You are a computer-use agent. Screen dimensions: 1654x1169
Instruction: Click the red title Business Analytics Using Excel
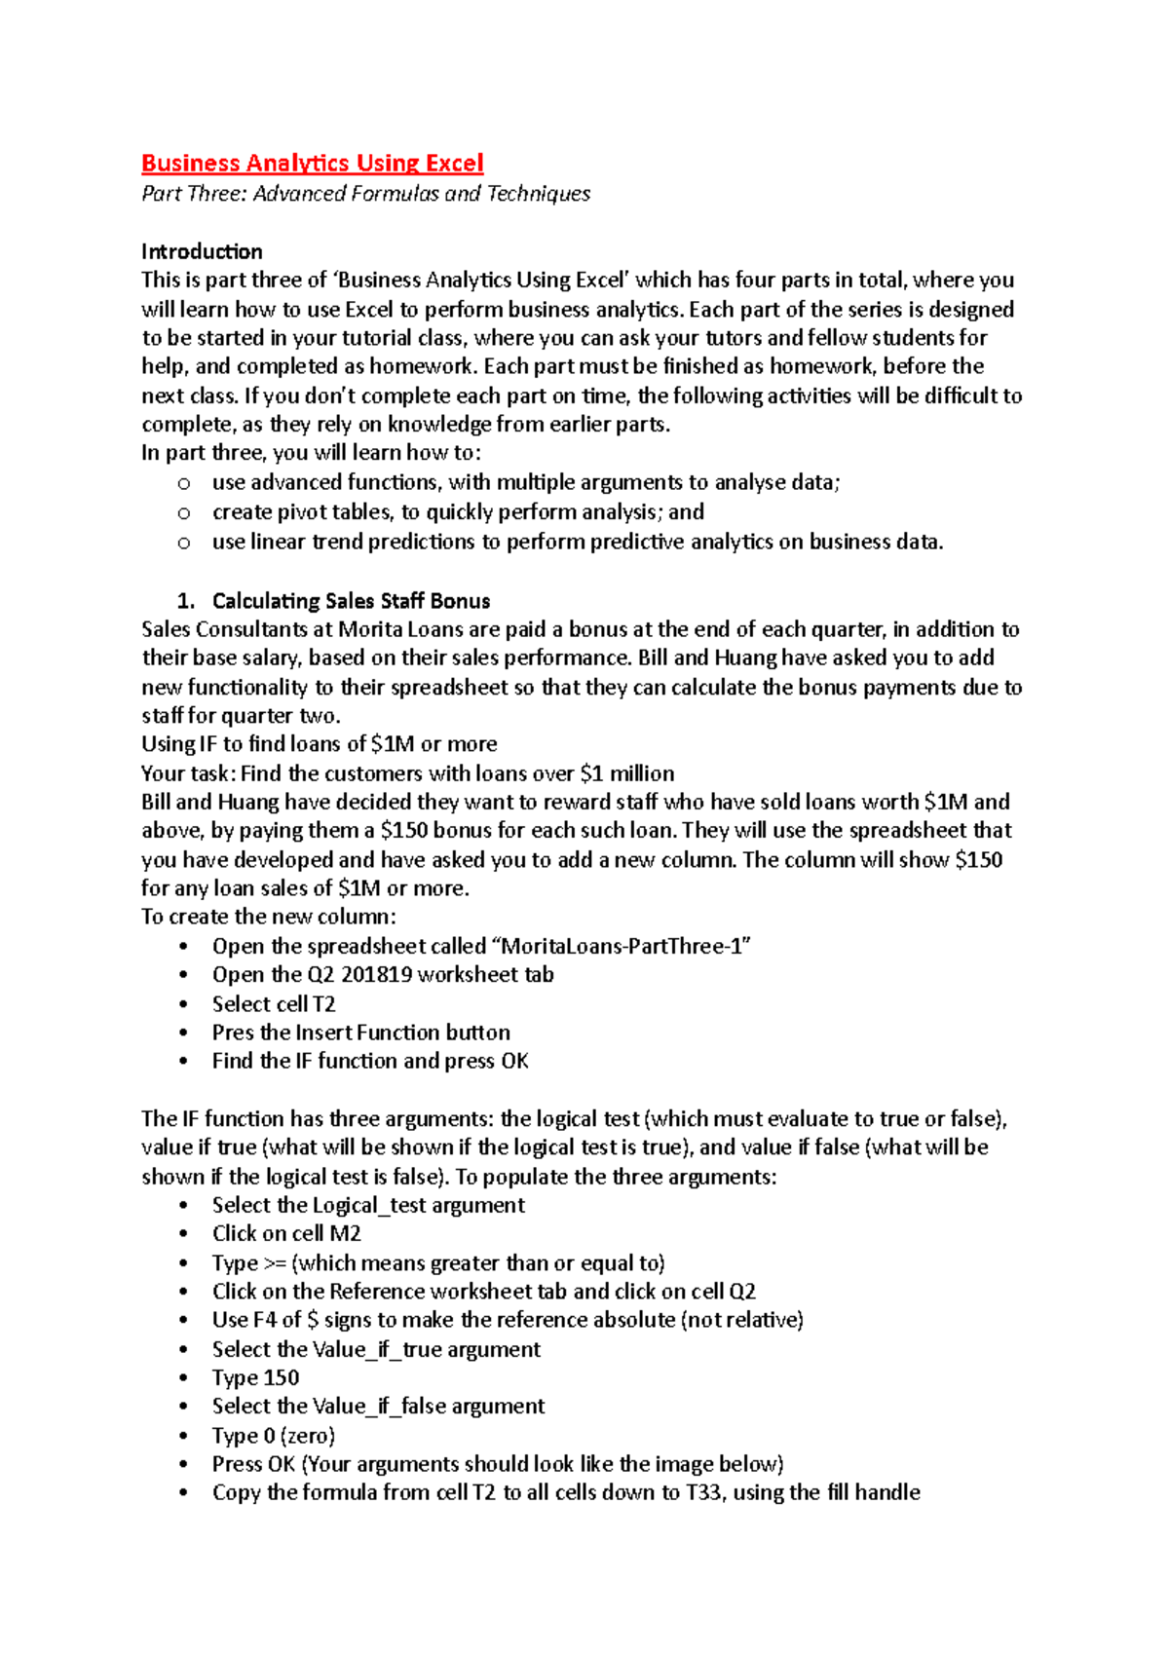coord(312,163)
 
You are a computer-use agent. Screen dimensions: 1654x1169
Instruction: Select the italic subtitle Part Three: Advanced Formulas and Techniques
coord(365,194)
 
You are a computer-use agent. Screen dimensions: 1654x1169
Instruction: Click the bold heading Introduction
coord(202,251)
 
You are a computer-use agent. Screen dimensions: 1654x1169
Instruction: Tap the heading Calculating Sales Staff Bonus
coord(351,601)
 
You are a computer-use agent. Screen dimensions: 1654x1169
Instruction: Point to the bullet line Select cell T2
coord(274,1004)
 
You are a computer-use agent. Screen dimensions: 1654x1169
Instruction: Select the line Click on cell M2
coord(286,1234)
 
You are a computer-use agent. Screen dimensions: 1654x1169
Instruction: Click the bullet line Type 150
coord(255,1378)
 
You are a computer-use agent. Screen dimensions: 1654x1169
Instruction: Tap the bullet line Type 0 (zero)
coord(274,1436)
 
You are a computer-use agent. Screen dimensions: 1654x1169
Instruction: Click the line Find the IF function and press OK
coord(370,1062)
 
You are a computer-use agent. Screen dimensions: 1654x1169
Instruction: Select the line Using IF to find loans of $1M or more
coord(319,744)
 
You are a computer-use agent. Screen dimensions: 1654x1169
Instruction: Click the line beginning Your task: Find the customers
coord(407,773)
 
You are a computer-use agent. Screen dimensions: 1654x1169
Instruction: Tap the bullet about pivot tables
coord(458,512)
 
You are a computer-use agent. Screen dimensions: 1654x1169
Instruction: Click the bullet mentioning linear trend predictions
coord(578,542)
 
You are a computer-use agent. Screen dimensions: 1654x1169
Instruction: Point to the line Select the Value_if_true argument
coord(376,1350)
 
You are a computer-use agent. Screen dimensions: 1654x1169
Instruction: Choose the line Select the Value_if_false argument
coord(378,1407)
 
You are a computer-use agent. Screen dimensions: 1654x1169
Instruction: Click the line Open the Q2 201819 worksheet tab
coord(383,975)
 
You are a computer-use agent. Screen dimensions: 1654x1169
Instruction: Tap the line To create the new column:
coord(269,917)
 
